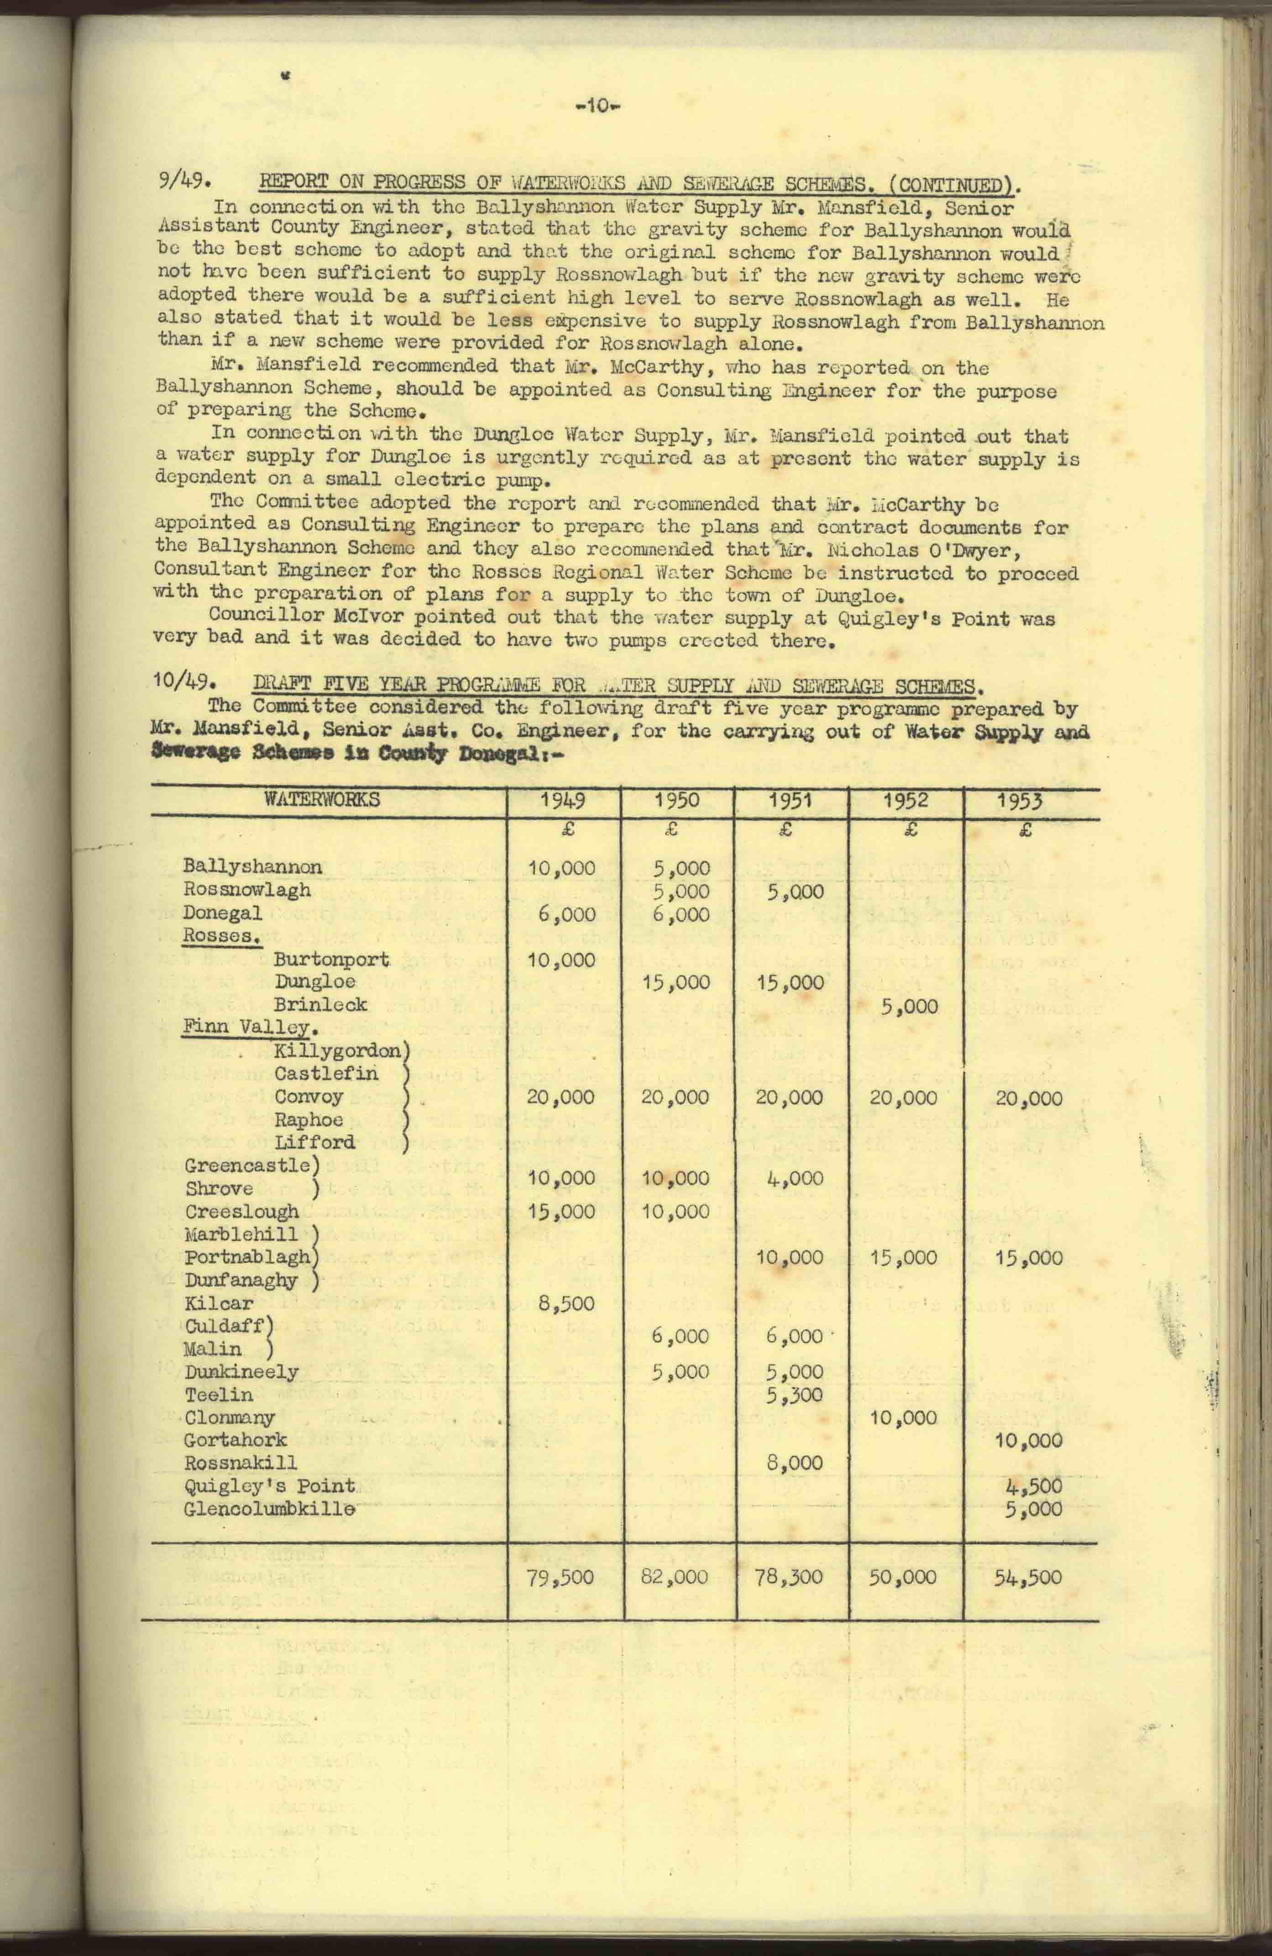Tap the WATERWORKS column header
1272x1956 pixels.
(x=322, y=800)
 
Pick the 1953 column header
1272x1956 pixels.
(x=1020, y=801)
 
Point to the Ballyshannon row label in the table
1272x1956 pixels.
(x=252, y=867)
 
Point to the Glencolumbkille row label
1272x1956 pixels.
(x=270, y=1509)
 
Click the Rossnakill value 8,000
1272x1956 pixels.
(x=793, y=1463)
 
